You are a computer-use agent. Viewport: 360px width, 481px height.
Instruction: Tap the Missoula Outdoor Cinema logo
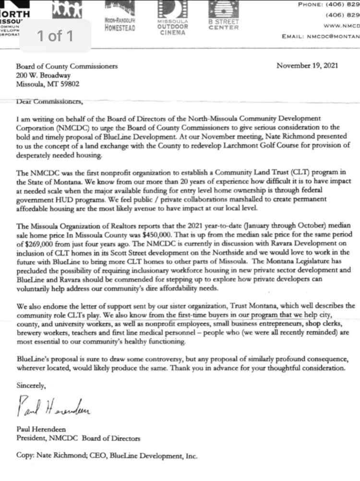[x=172, y=16]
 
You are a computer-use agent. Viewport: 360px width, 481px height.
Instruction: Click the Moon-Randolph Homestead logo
[x=120, y=16]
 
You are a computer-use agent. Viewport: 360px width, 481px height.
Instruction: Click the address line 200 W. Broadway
[x=43, y=75]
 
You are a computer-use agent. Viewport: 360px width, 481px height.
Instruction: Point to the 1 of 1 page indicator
[x=55, y=36]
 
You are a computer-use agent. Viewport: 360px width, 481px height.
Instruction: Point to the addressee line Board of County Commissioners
[x=67, y=67]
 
